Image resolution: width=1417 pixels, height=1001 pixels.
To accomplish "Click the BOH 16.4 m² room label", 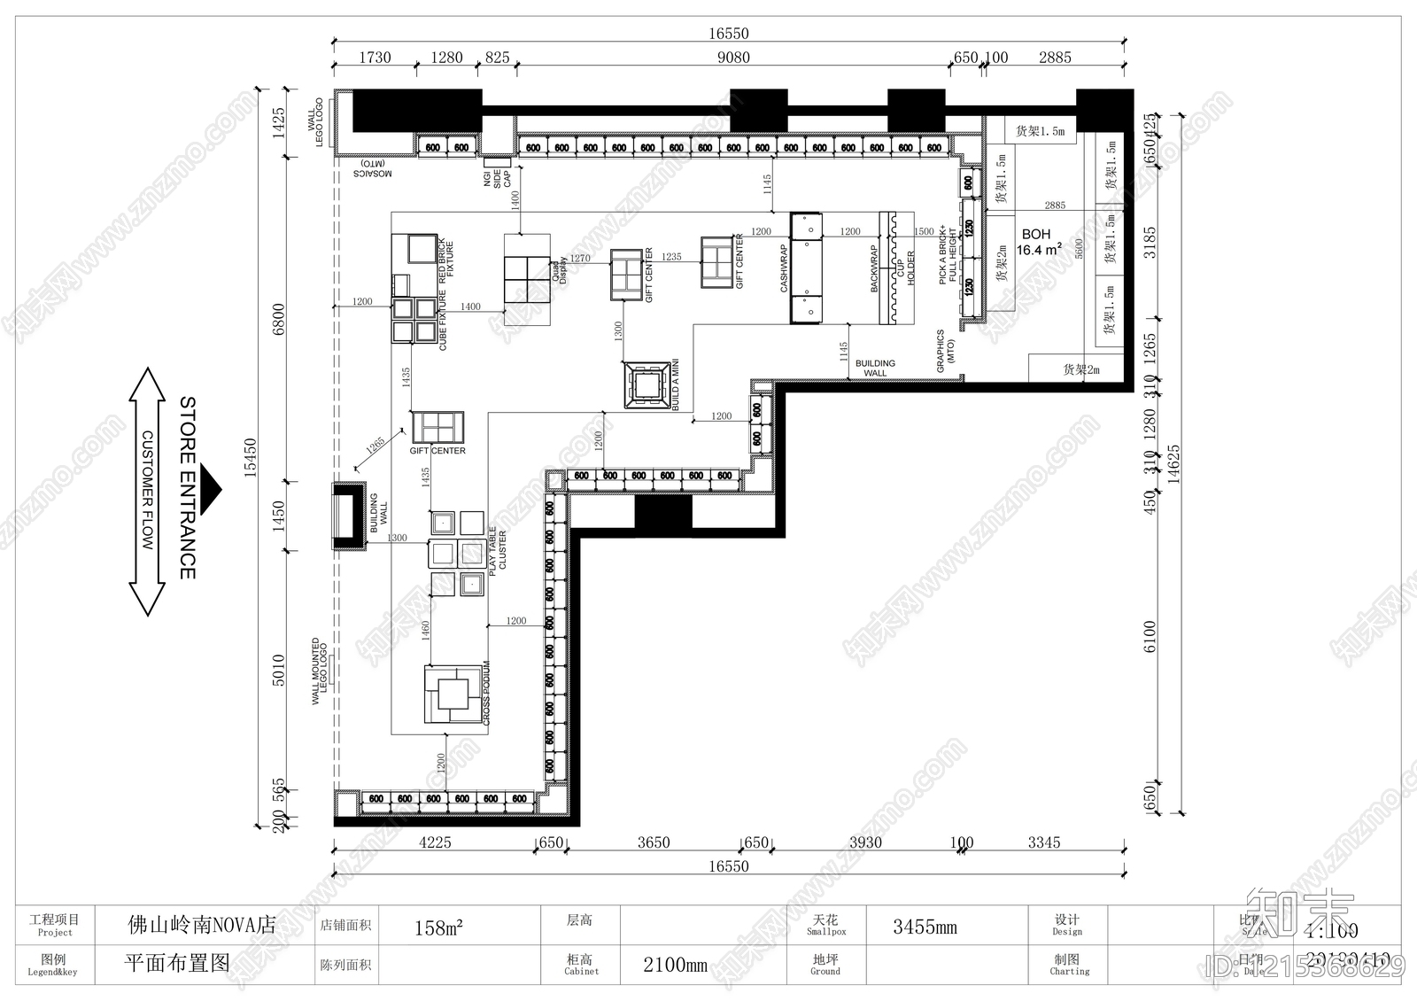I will click(x=1038, y=242).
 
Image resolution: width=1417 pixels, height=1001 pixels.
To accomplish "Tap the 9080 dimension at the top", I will click(x=732, y=58).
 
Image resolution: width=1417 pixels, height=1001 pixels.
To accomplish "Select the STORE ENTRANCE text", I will click(x=188, y=487).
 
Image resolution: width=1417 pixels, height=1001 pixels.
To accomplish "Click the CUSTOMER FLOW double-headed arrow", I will click(x=147, y=492).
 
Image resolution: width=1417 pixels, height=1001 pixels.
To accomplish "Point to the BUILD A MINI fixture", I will click(x=647, y=384).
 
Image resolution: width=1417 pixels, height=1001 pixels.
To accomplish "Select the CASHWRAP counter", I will click(x=806, y=267).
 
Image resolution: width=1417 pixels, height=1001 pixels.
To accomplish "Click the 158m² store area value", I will click(x=438, y=927).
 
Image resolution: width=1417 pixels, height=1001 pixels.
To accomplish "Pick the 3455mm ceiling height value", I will click(x=924, y=927).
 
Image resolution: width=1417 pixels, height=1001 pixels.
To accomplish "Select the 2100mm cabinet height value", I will click(x=675, y=965).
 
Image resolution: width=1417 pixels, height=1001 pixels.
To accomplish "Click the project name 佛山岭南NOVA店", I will click(x=202, y=926).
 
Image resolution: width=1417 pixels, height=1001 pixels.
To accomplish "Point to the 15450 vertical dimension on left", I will click(x=251, y=457).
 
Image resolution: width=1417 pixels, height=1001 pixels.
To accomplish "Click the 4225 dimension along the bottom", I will click(x=434, y=842).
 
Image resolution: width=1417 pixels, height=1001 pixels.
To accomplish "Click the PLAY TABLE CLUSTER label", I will click(x=498, y=548).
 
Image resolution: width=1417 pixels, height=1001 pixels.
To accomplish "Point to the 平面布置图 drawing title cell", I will click(x=177, y=964).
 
